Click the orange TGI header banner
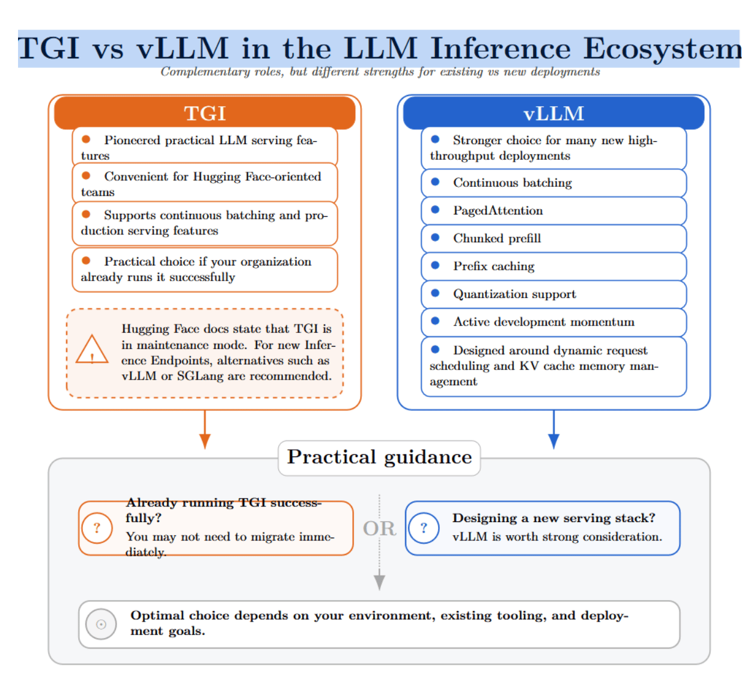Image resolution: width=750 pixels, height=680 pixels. click(204, 113)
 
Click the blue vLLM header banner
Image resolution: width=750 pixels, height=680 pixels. click(553, 113)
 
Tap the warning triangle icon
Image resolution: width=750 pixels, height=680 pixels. click(92, 349)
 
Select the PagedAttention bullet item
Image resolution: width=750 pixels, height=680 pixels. click(553, 211)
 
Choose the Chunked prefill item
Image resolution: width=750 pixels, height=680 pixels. click(553, 238)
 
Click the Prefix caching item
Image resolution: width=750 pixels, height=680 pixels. click(553, 266)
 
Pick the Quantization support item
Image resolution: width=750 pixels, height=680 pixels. click(553, 294)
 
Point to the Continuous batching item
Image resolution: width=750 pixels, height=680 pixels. click(553, 183)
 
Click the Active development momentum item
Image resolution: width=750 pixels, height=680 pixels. click(553, 322)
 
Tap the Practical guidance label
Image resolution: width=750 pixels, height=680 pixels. click(379, 457)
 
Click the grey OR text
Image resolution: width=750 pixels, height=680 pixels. click(379, 528)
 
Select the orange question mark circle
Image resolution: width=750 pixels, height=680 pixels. click(97, 528)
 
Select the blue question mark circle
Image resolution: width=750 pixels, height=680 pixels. click(424, 528)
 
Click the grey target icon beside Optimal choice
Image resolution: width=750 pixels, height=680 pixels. click(101, 624)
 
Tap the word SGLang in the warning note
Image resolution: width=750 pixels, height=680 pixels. click(200, 375)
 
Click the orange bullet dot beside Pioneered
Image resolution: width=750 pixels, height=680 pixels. click(86, 139)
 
